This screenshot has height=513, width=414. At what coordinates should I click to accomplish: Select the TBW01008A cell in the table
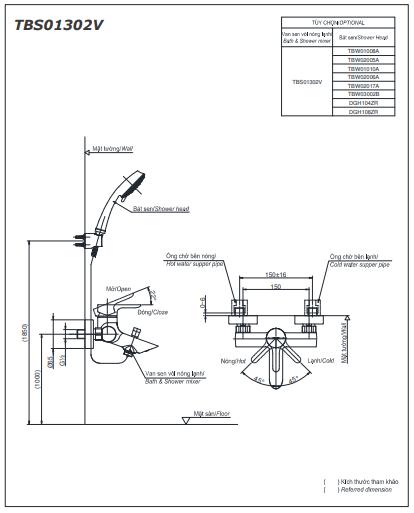click(362, 49)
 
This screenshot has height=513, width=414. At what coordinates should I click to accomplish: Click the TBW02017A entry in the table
click(362, 85)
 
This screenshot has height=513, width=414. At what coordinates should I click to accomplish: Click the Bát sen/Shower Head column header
click(362, 36)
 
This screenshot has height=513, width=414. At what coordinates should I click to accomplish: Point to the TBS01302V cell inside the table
click(307, 81)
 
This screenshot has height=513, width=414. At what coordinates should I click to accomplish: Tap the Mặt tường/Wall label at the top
click(112, 147)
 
